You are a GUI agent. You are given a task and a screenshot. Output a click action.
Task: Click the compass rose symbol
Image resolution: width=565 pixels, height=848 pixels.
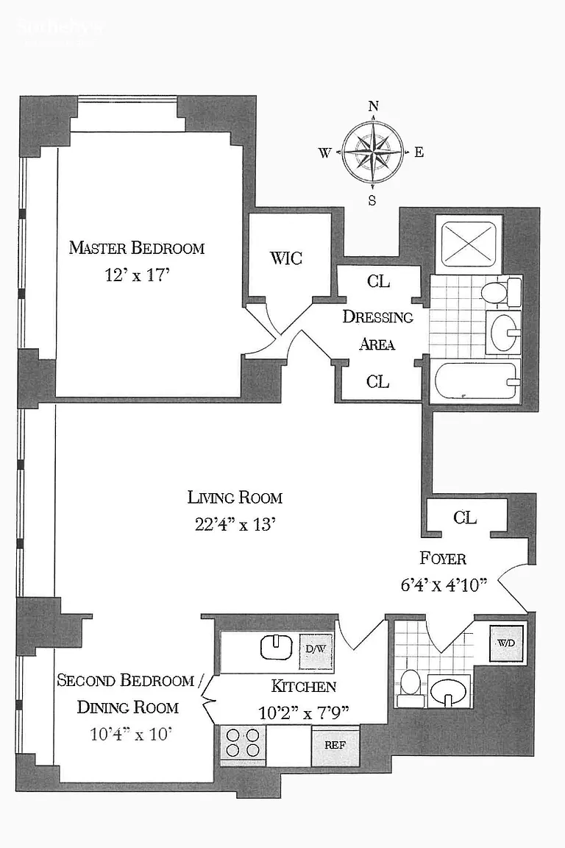373,153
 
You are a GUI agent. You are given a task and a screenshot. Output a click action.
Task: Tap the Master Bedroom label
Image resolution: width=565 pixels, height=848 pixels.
136,247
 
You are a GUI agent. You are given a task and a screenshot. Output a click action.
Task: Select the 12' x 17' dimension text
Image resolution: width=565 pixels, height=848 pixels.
136,276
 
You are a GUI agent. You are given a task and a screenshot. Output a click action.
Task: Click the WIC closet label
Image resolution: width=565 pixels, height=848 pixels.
286,258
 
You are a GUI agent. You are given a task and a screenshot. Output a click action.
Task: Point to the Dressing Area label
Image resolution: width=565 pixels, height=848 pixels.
378,330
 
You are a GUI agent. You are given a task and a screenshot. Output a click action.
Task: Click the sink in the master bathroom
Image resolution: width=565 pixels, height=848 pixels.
504,331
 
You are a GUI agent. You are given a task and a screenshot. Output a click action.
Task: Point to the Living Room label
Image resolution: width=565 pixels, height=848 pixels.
235,497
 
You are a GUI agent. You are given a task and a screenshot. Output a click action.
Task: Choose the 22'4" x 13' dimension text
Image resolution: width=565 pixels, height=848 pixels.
235,525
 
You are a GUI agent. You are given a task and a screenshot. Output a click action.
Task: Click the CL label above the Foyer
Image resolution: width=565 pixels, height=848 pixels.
465,517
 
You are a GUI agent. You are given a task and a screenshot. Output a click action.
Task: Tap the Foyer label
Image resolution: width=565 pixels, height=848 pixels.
442,558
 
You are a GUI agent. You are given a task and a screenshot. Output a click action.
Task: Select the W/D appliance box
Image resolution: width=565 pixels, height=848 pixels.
507,643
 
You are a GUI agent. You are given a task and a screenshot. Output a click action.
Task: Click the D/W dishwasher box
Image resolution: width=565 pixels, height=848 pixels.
311,649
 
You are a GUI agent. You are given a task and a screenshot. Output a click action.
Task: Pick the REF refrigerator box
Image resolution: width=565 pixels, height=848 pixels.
335,745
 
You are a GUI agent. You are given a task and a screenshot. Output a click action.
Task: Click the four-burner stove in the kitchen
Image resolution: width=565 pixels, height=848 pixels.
243,743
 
